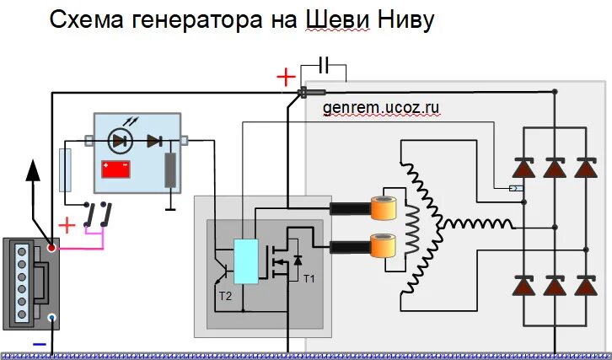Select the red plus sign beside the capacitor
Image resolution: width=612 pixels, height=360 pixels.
[287, 78]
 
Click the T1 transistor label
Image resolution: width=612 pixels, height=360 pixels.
[308, 279]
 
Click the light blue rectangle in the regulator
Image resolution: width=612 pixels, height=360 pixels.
[245, 261]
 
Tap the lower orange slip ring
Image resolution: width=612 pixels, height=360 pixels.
[384, 246]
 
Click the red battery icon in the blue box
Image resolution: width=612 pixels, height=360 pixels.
[116, 169]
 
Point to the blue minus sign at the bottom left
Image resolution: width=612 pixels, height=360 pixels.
[37, 343]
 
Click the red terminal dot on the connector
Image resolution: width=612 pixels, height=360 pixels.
[52, 249]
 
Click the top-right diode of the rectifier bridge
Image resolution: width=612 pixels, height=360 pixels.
[588, 168]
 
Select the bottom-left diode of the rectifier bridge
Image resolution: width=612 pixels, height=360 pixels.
[523, 287]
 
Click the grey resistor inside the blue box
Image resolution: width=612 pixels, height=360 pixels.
[170, 171]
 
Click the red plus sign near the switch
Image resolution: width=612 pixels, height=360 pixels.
[67, 226]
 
